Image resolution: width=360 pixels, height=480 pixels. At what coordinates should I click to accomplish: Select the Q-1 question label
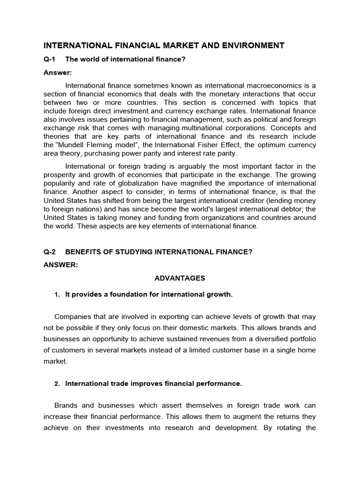(x=49, y=59)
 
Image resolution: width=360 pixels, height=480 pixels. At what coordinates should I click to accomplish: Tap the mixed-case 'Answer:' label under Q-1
(x=56, y=73)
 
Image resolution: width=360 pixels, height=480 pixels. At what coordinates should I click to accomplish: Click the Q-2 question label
(x=49, y=252)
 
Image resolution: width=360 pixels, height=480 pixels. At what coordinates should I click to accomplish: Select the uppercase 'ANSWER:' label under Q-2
(x=60, y=265)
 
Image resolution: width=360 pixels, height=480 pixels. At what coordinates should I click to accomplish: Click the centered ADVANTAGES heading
(x=180, y=278)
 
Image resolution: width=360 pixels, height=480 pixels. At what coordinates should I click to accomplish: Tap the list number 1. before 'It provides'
(x=57, y=294)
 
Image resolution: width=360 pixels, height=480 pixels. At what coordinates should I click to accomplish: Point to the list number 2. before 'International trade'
(x=57, y=384)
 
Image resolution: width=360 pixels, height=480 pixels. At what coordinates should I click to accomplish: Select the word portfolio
(x=301, y=339)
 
